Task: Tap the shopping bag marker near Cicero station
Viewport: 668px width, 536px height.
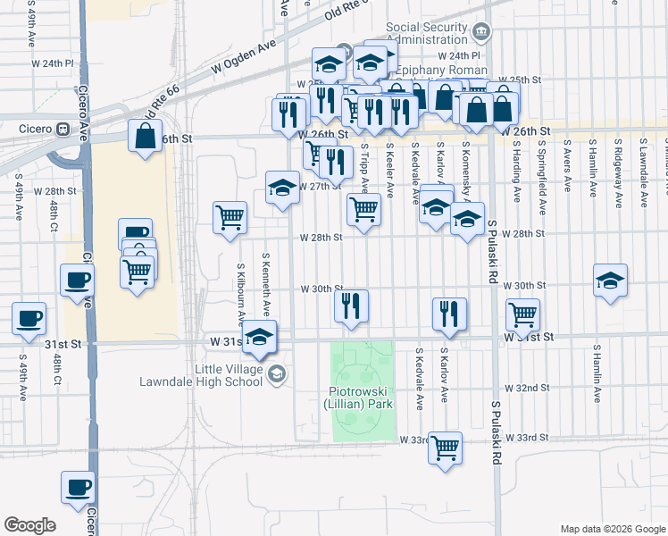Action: click(146, 138)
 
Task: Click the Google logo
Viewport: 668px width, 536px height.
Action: click(29, 525)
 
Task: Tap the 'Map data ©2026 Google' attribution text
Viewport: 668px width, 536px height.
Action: click(613, 528)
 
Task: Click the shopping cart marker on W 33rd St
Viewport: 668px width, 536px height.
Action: click(444, 448)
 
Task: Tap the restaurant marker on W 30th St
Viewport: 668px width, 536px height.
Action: click(352, 306)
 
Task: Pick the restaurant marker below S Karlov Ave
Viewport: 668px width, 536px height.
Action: click(448, 314)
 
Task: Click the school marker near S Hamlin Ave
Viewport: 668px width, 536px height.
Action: click(610, 281)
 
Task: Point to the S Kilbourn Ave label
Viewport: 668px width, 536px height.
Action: click(240, 291)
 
